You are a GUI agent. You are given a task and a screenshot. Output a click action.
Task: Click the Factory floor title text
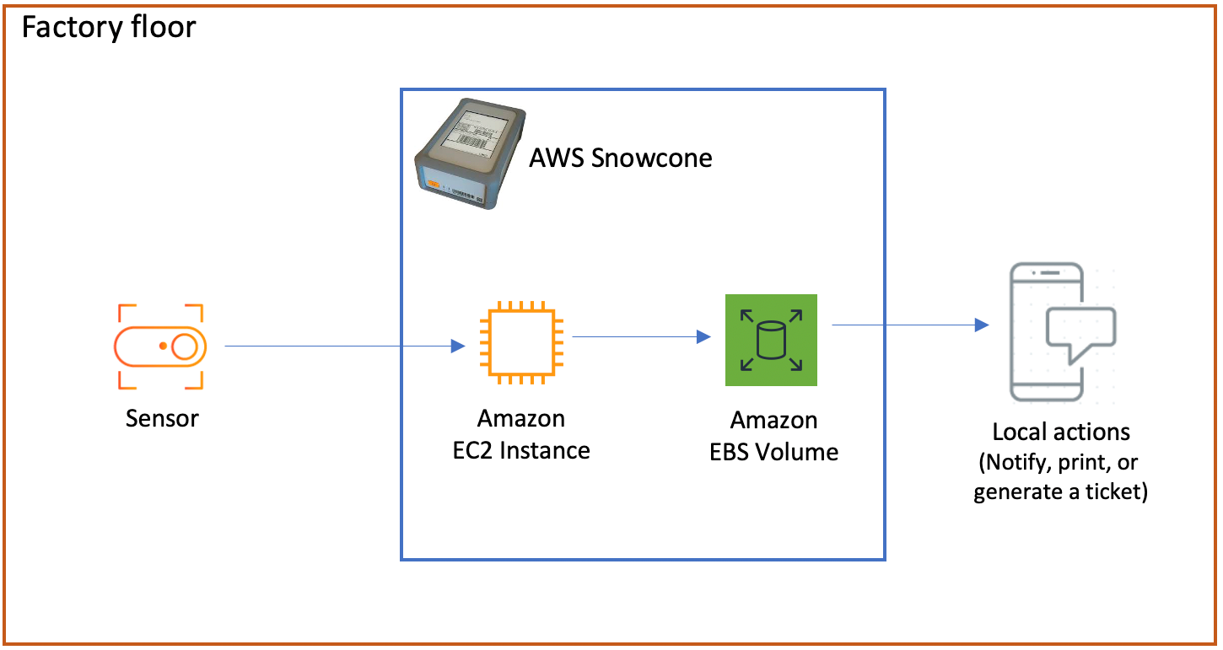pos(108,27)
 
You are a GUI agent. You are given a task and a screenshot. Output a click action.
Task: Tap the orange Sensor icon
pos(160,346)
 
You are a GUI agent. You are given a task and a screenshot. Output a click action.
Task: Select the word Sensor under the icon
pos(162,418)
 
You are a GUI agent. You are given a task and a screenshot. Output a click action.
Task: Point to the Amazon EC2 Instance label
pos(521,434)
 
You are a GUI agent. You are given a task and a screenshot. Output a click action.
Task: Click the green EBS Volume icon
pos(771,340)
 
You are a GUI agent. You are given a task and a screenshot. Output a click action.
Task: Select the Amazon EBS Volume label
pos(773,436)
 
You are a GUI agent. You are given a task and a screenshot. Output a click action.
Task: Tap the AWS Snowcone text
pos(620,158)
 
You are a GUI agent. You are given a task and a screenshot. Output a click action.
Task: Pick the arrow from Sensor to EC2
pos(337,346)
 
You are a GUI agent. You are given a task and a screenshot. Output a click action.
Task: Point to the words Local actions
pos(1060,432)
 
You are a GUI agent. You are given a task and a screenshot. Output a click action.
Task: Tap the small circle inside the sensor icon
pos(184,346)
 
